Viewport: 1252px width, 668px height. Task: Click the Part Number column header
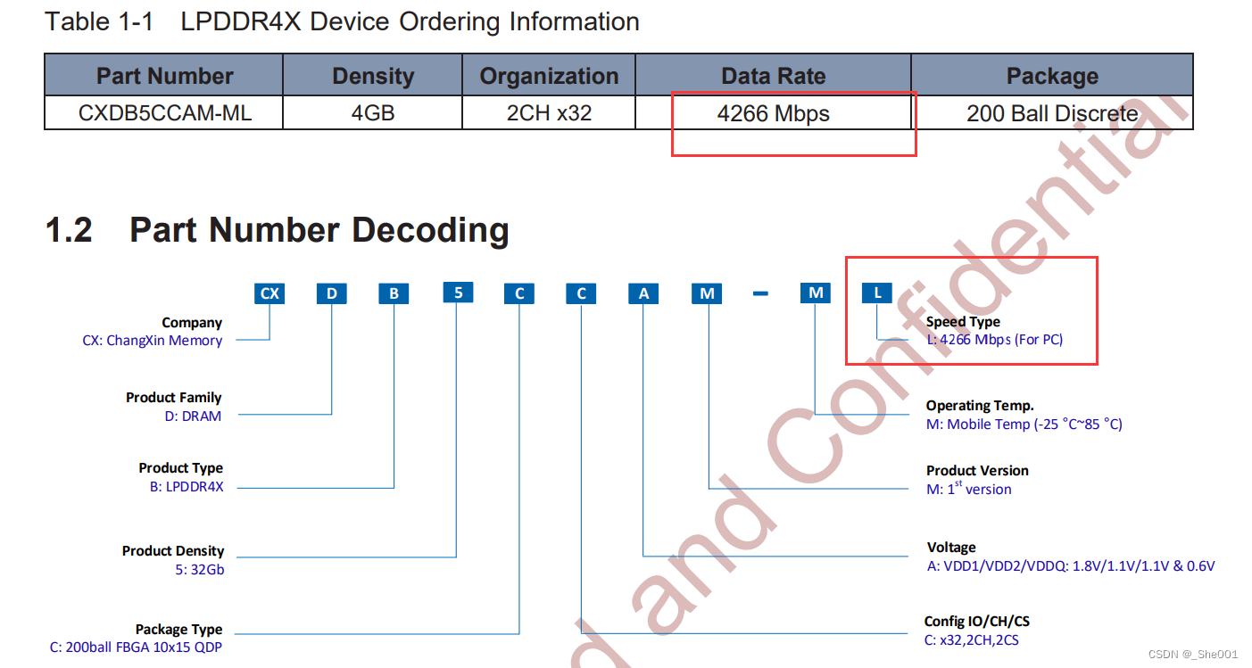164,76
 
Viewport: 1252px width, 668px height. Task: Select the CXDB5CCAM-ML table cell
164,113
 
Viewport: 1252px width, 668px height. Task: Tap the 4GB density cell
373,113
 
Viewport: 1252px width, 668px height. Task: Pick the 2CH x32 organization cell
549,113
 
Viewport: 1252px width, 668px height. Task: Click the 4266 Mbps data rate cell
773,113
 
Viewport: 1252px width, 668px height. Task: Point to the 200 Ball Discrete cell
1052,113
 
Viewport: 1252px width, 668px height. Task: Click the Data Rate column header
773,76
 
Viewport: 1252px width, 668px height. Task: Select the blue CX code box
269,293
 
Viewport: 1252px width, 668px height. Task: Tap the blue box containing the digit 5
458,292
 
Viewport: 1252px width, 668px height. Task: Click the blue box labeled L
877,293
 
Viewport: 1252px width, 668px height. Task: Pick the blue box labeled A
643,293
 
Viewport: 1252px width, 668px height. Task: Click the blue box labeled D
331,293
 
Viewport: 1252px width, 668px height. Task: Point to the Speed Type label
963,322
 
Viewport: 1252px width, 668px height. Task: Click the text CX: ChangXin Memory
152,340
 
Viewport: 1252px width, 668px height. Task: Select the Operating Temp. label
980,405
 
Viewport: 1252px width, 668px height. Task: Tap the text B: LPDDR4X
187,487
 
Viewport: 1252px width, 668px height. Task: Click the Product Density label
173,551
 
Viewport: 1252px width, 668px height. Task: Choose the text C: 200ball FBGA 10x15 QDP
136,647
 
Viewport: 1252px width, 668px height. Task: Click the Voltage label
951,547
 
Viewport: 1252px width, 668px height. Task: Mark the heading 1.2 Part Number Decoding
277,229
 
